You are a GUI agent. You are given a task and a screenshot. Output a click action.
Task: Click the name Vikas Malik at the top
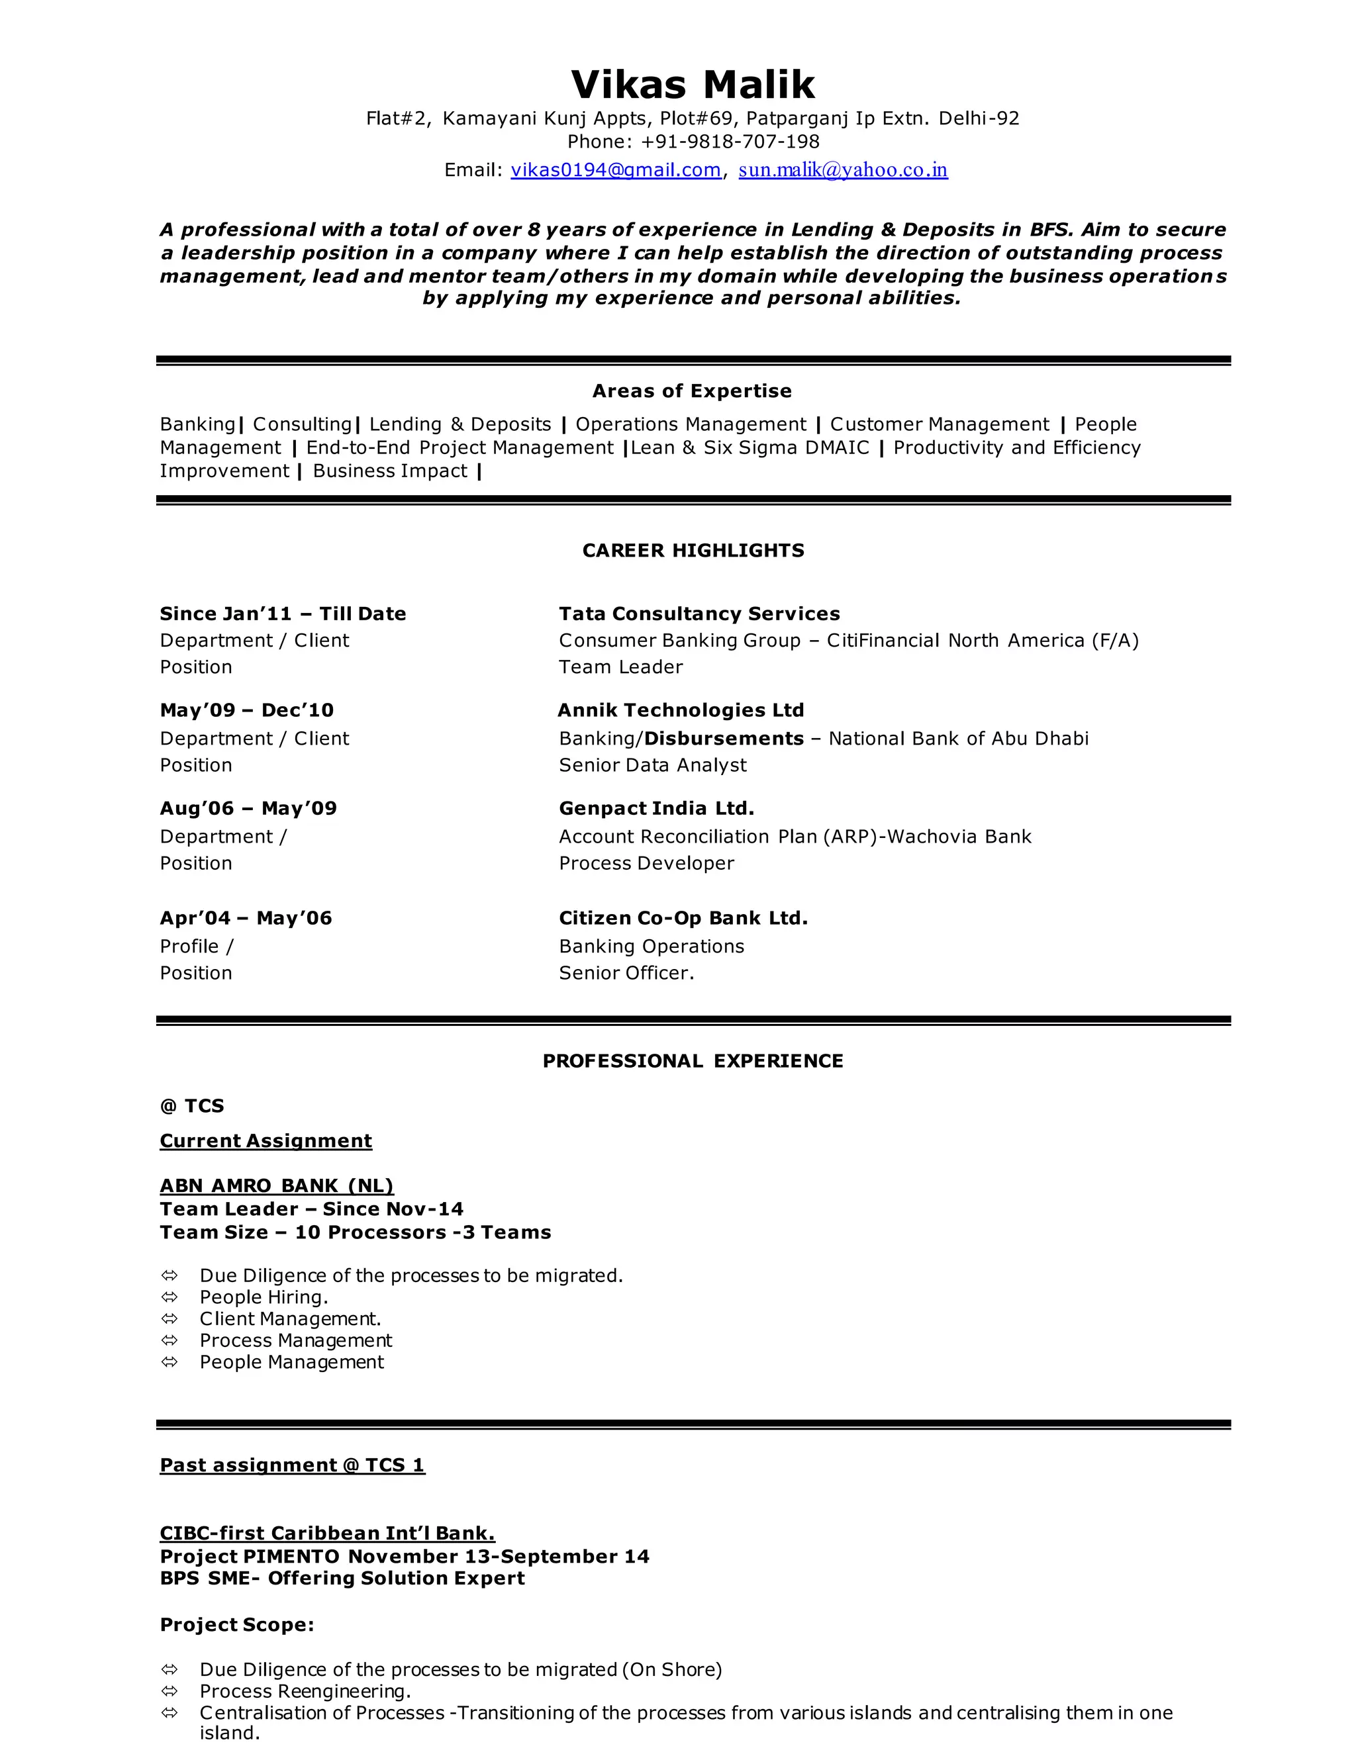(x=693, y=84)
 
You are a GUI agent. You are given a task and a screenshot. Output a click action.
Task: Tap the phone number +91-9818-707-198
(x=730, y=142)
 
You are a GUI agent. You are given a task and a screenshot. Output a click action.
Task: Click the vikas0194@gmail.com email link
(x=615, y=170)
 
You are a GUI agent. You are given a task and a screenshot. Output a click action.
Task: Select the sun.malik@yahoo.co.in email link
(x=843, y=170)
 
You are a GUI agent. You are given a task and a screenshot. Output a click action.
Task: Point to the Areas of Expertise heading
(x=692, y=391)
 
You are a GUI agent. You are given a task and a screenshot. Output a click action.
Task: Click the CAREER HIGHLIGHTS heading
(x=693, y=551)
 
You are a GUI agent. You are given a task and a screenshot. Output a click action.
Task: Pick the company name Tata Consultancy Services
(x=699, y=614)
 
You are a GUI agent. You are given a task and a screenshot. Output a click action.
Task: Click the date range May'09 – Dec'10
(x=246, y=711)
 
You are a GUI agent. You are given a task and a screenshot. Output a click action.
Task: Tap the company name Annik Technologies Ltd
(x=681, y=711)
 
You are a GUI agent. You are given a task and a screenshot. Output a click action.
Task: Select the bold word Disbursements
(x=724, y=739)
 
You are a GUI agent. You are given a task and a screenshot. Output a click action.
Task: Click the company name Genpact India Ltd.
(x=656, y=809)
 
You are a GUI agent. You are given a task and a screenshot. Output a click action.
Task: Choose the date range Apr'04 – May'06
(x=246, y=919)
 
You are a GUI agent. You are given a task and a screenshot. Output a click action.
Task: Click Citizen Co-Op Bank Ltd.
(x=683, y=919)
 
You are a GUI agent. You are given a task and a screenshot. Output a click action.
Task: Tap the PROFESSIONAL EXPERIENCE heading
(x=693, y=1062)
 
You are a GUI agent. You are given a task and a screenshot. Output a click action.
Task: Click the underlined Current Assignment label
(x=266, y=1141)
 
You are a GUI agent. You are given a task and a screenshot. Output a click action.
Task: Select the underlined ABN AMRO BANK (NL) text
(x=276, y=1186)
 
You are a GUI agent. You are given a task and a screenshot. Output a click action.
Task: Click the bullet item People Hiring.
(x=264, y=1297)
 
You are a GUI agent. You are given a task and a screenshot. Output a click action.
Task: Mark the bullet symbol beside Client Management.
(x=169, y=1318)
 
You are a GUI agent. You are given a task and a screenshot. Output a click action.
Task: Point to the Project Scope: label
(x=237, y=1626)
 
